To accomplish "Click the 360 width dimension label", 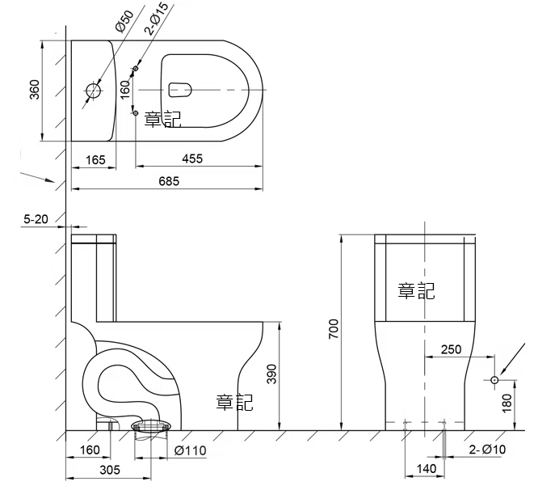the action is pyautogui.click(x=34, y=90).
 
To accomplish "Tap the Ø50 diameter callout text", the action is pyautogui.click(x=124, y=21).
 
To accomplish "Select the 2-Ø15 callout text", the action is pyautogui.click(x=157, y=19).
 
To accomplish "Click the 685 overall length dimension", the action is pyautogui.click(x=169, y=181).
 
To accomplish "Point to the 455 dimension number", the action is pyautogui.click(x=192, y=158).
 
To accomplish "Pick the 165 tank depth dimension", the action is pyautogui.click(x=95, y=159).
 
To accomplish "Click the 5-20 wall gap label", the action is pyautogui.click(x=36, y=219).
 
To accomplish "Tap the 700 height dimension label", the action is pyautogui.click(x=333, y=329).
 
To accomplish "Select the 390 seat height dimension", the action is pyautogui.click(x=271, y=374).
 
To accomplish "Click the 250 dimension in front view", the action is pyautogui.click(x=452, y=349).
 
